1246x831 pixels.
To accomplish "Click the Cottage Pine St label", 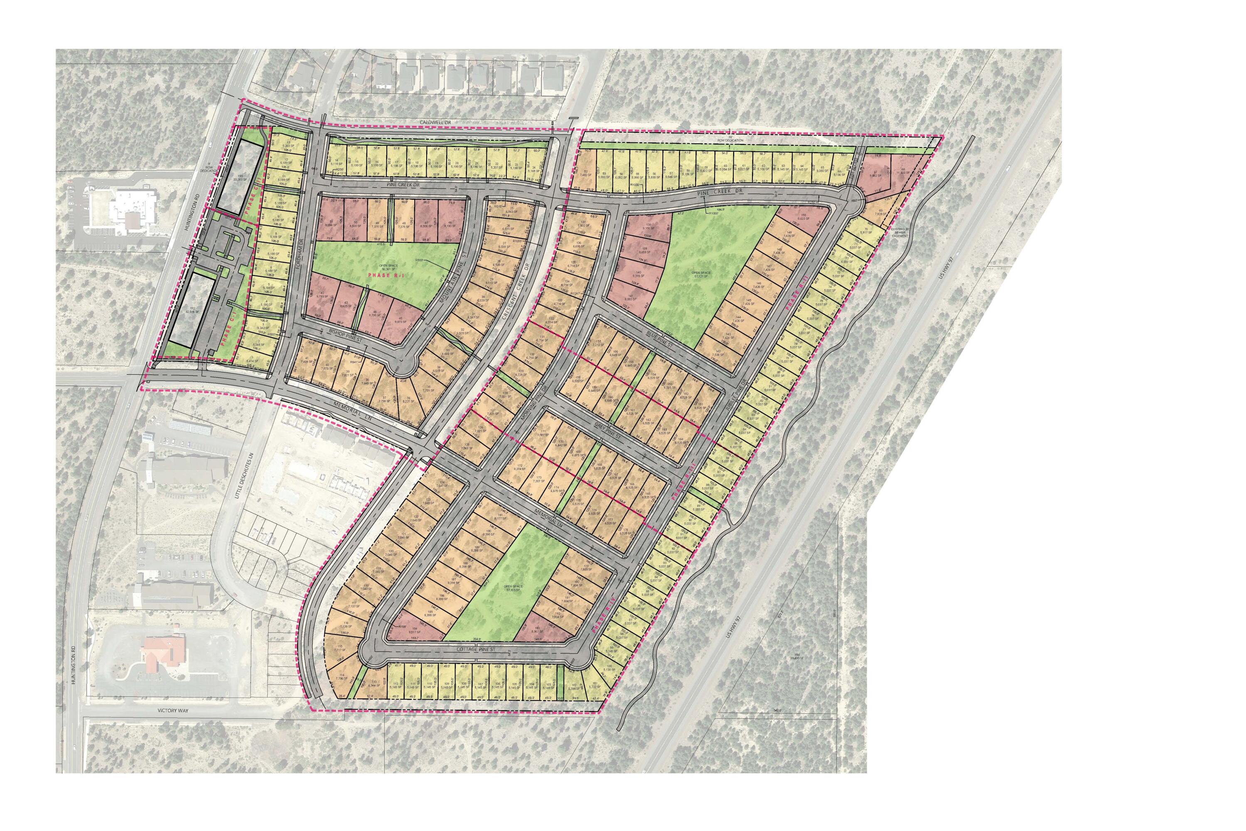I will [475, 648].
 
